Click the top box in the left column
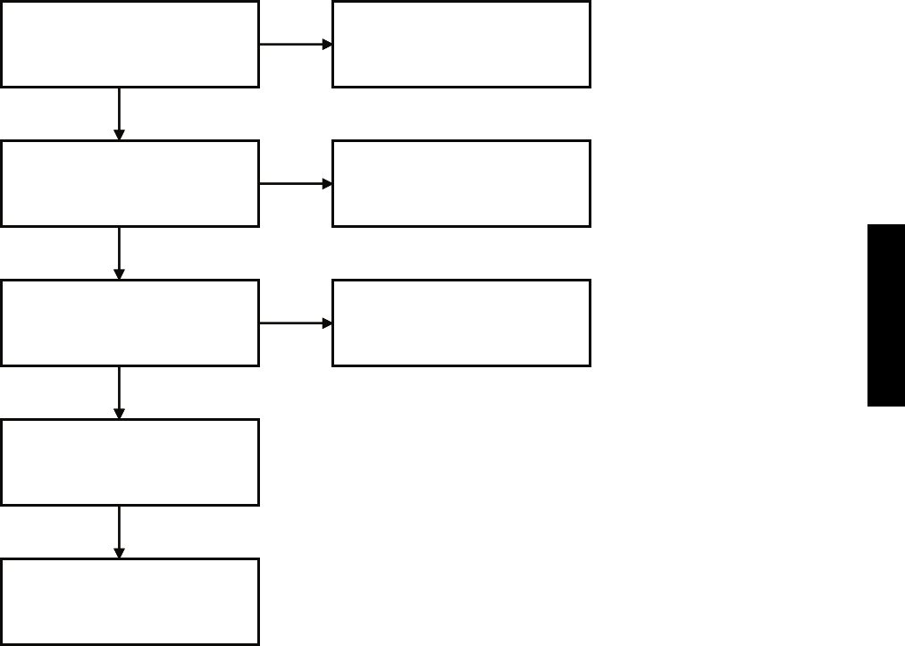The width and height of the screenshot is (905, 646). [130, 44]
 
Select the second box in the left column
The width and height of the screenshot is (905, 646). [130, 183]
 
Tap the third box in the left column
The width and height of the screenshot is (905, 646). [130, 323]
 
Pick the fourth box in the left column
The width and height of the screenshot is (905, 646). [130, 462]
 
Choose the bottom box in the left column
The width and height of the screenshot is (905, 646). [130, 601]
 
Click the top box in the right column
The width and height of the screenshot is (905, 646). [461, 44]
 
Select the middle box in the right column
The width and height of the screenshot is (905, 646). [461, 183]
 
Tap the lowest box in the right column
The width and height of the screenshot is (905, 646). [461, 323]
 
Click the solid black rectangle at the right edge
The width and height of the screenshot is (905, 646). [885, 315]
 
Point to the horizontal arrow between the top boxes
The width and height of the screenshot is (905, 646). [295, 44]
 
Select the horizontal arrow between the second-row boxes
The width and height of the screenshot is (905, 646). [295, 183]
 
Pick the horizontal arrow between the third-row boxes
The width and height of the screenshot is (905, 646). [295, 323]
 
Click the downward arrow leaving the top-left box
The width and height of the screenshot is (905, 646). [119, 113]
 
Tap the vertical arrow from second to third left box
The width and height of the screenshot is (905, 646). [119, 252]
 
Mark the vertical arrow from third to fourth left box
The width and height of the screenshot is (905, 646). [119, 391]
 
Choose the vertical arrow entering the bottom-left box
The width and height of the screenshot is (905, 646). [119, 531]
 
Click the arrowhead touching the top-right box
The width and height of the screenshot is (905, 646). [327, 44]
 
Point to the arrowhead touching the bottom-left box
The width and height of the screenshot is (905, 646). [119, 553]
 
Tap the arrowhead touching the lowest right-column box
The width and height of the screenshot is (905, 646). [327, 323]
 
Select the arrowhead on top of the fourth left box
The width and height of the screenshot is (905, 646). [119, 414]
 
